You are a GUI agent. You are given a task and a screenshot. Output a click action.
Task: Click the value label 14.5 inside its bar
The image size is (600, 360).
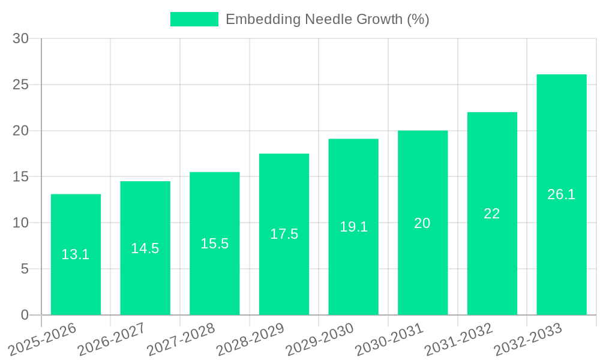coord(145,248)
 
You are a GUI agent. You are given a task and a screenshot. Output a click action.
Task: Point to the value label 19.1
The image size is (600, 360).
coord(353,227)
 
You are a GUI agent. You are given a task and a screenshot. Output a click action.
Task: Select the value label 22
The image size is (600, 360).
coord(492,214)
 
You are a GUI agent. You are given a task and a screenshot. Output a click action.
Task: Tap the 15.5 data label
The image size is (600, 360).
coord(214,244)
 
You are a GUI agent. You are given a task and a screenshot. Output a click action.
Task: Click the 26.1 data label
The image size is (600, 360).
coord(562,194)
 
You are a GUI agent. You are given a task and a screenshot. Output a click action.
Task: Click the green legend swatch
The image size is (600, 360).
coord(194,19)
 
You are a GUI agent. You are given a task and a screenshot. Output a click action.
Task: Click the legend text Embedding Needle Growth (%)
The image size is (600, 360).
coord(327,19)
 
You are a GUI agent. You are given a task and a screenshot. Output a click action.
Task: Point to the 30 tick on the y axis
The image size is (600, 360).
coord(21,38)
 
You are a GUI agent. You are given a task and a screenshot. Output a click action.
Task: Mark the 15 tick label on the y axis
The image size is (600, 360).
coord(21,176)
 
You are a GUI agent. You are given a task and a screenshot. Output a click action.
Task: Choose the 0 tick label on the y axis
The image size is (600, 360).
coord(25,315)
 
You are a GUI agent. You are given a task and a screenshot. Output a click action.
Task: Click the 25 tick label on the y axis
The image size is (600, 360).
coord(21,85)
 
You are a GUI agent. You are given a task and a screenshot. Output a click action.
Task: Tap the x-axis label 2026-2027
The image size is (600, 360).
coord(111,339)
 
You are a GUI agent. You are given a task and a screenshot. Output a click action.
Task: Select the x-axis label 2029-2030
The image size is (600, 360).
coord(319,339)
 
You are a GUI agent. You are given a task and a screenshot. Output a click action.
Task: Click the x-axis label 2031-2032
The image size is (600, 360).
coord(458,339)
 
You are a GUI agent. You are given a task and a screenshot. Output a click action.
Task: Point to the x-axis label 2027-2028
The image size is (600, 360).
coord(181,339)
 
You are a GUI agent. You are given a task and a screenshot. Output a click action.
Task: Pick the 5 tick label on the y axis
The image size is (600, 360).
coord(25,269)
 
